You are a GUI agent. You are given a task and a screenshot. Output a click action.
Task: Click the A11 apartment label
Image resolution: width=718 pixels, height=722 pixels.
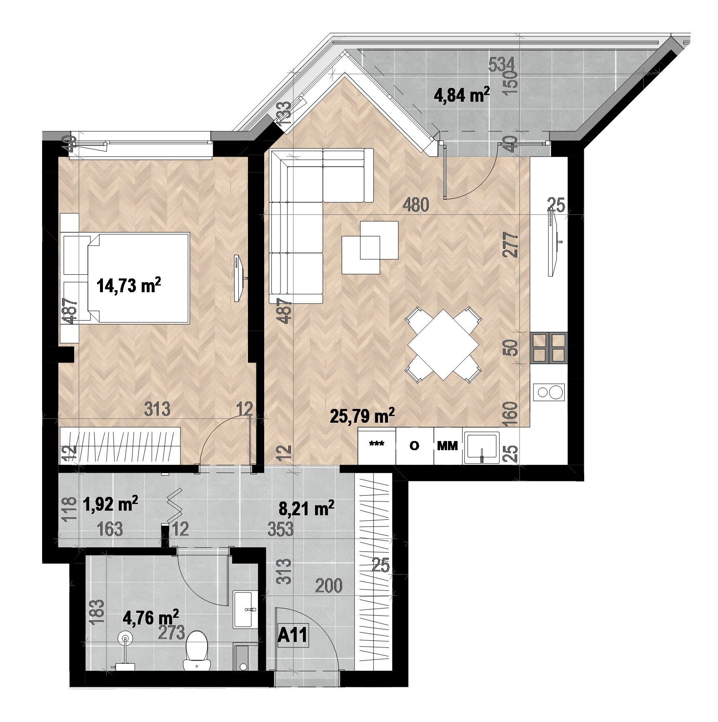pyautogui.click(x=293, y=636)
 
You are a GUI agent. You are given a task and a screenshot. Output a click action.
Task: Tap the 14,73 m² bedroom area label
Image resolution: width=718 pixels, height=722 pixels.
pyautogui.click(x=129, y=286)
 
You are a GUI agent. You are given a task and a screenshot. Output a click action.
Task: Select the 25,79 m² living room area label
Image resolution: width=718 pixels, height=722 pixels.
pyautogui.click(x=362, y=416)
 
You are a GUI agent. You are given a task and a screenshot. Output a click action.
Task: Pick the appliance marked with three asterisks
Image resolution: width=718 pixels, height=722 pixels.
pyautogui.click(x=377, y=446)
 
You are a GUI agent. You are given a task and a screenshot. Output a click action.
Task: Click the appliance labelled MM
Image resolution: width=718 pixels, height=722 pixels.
pyautogui.click(x=448, y=446)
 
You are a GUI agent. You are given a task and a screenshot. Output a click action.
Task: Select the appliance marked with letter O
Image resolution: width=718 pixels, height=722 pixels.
pyautogui.click(x=414, y=446)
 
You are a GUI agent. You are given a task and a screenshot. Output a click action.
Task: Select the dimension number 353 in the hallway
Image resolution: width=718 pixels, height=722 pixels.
pyautogui.click(x=280, y=530)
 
